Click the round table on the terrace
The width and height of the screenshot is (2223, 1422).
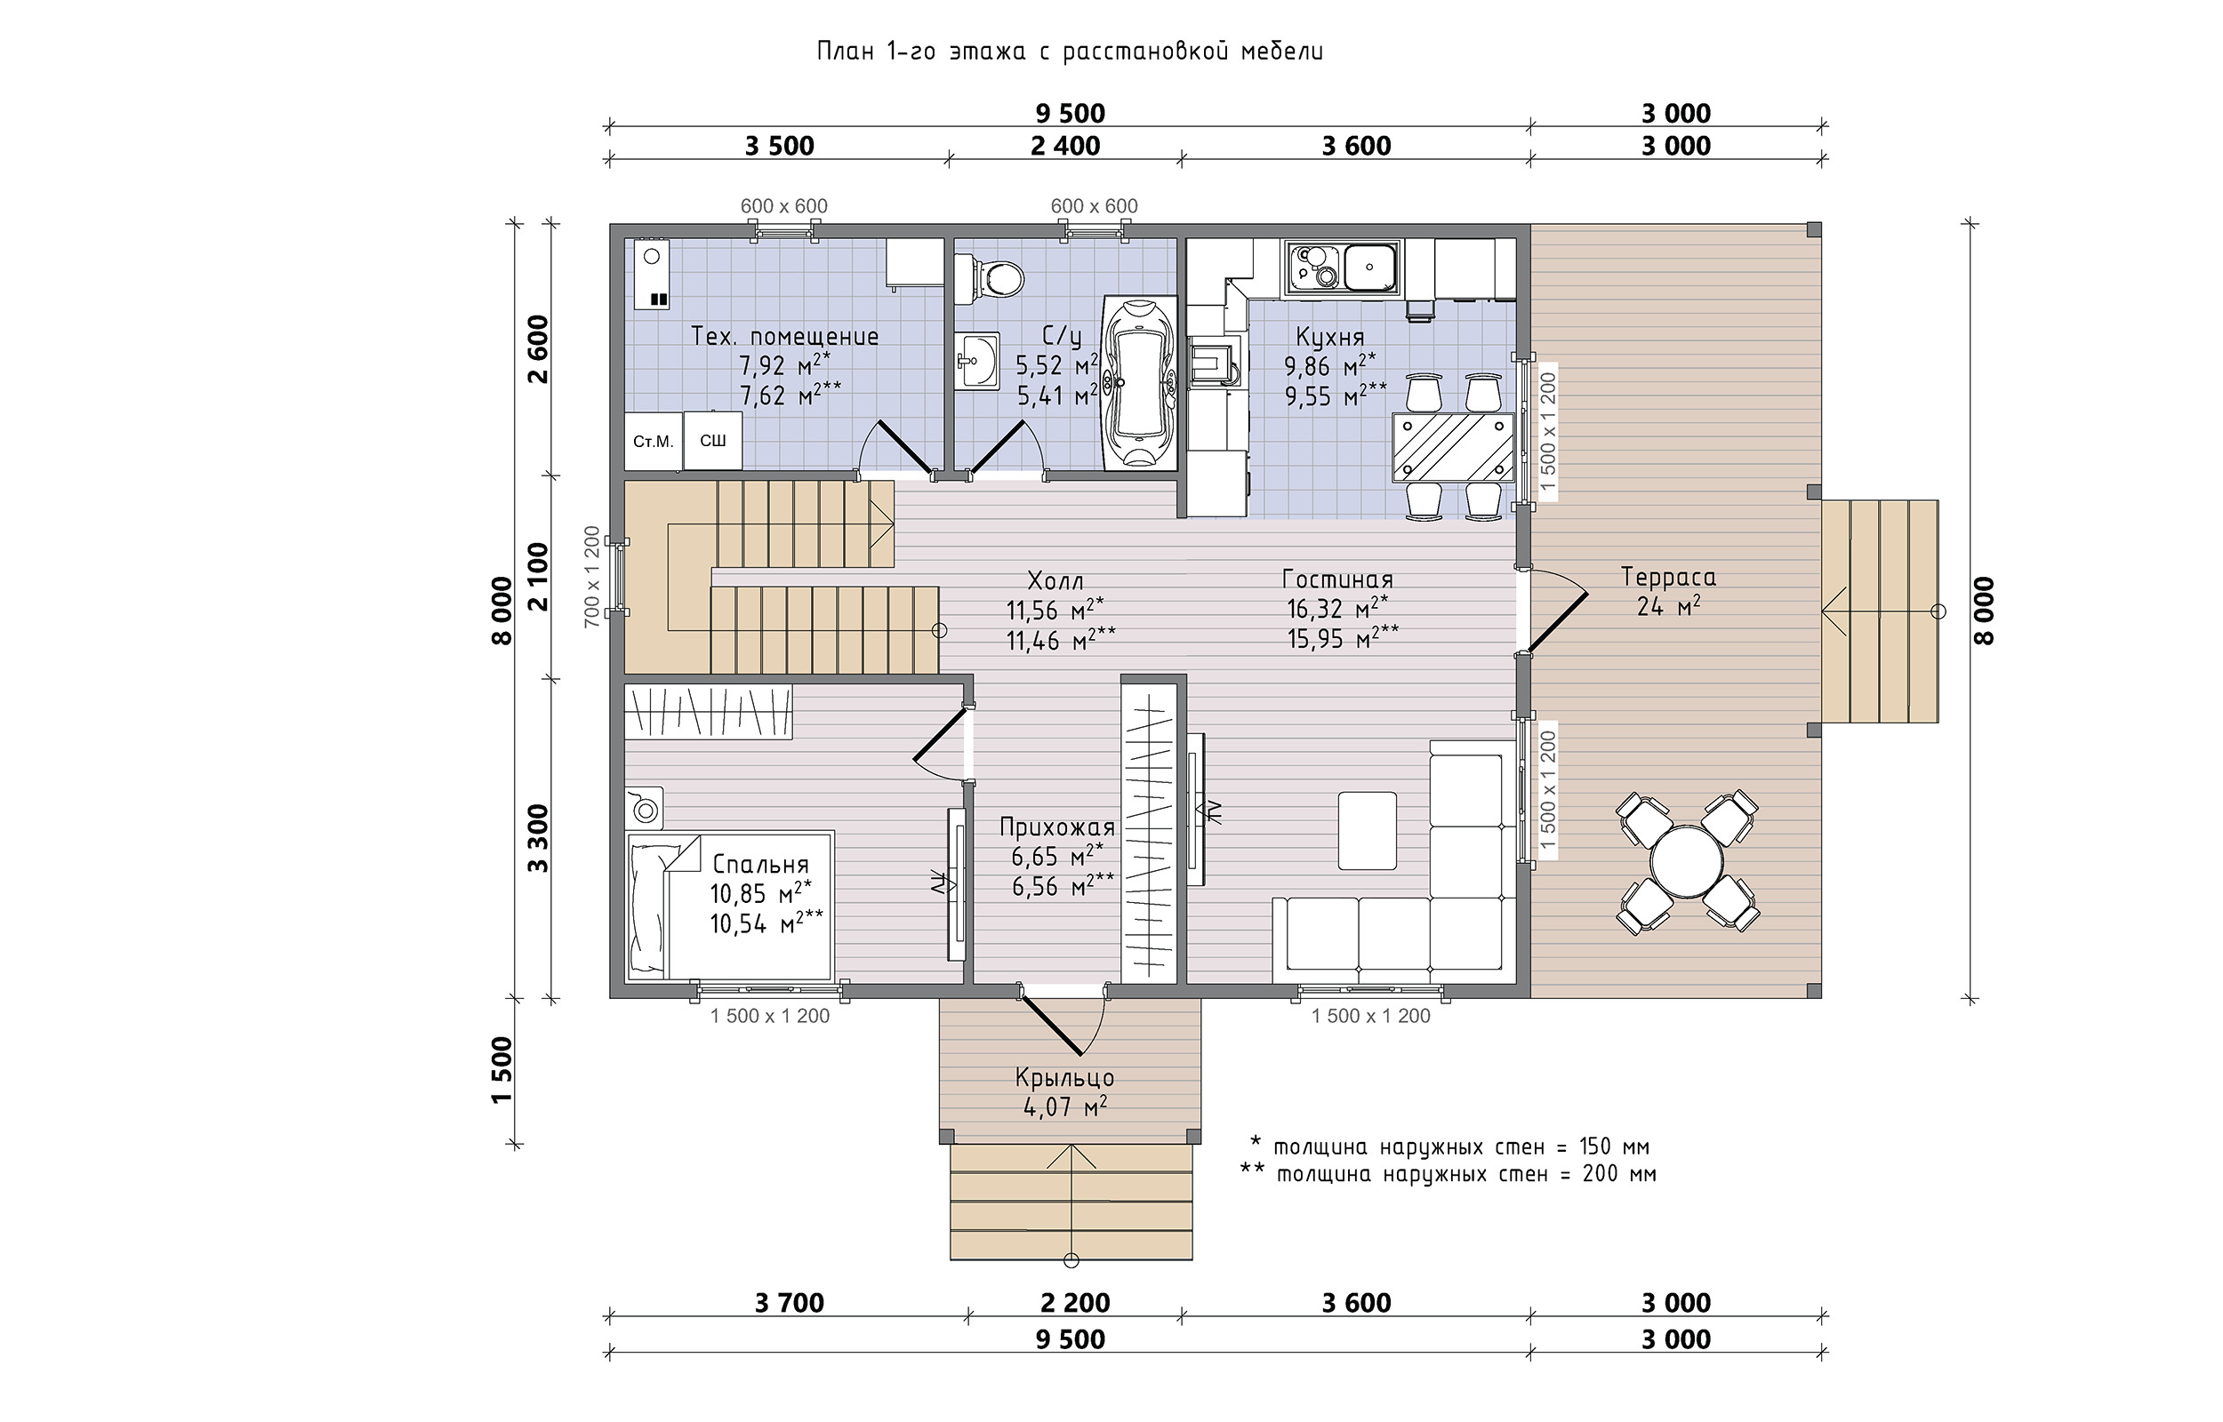[x=1687, y=860]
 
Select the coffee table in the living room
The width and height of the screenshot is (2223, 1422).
[x=1367, y=830]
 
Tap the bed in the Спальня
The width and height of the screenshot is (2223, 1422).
[x=730, y=905]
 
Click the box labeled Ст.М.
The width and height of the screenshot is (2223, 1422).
[x=653, y=442]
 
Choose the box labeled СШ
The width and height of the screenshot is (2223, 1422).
[x=713, y=441]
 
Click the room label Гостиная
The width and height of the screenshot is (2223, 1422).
[x=1337, y=579]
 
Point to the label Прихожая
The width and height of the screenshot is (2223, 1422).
[x=1057, y=827]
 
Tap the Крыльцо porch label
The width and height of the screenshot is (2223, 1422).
[x=1065, y=1077]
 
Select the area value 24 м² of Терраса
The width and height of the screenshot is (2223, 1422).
[x=1669, y=607]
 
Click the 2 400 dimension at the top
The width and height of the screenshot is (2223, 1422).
[x=1065, y=146]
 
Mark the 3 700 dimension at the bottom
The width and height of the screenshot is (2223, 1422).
[x=789, y=1303]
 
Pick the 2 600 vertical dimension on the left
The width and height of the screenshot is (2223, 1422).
[x=537, y=349]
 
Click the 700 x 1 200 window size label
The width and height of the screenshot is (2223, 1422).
[x=592, y=577]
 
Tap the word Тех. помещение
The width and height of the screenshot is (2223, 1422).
[x=785, y=336]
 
